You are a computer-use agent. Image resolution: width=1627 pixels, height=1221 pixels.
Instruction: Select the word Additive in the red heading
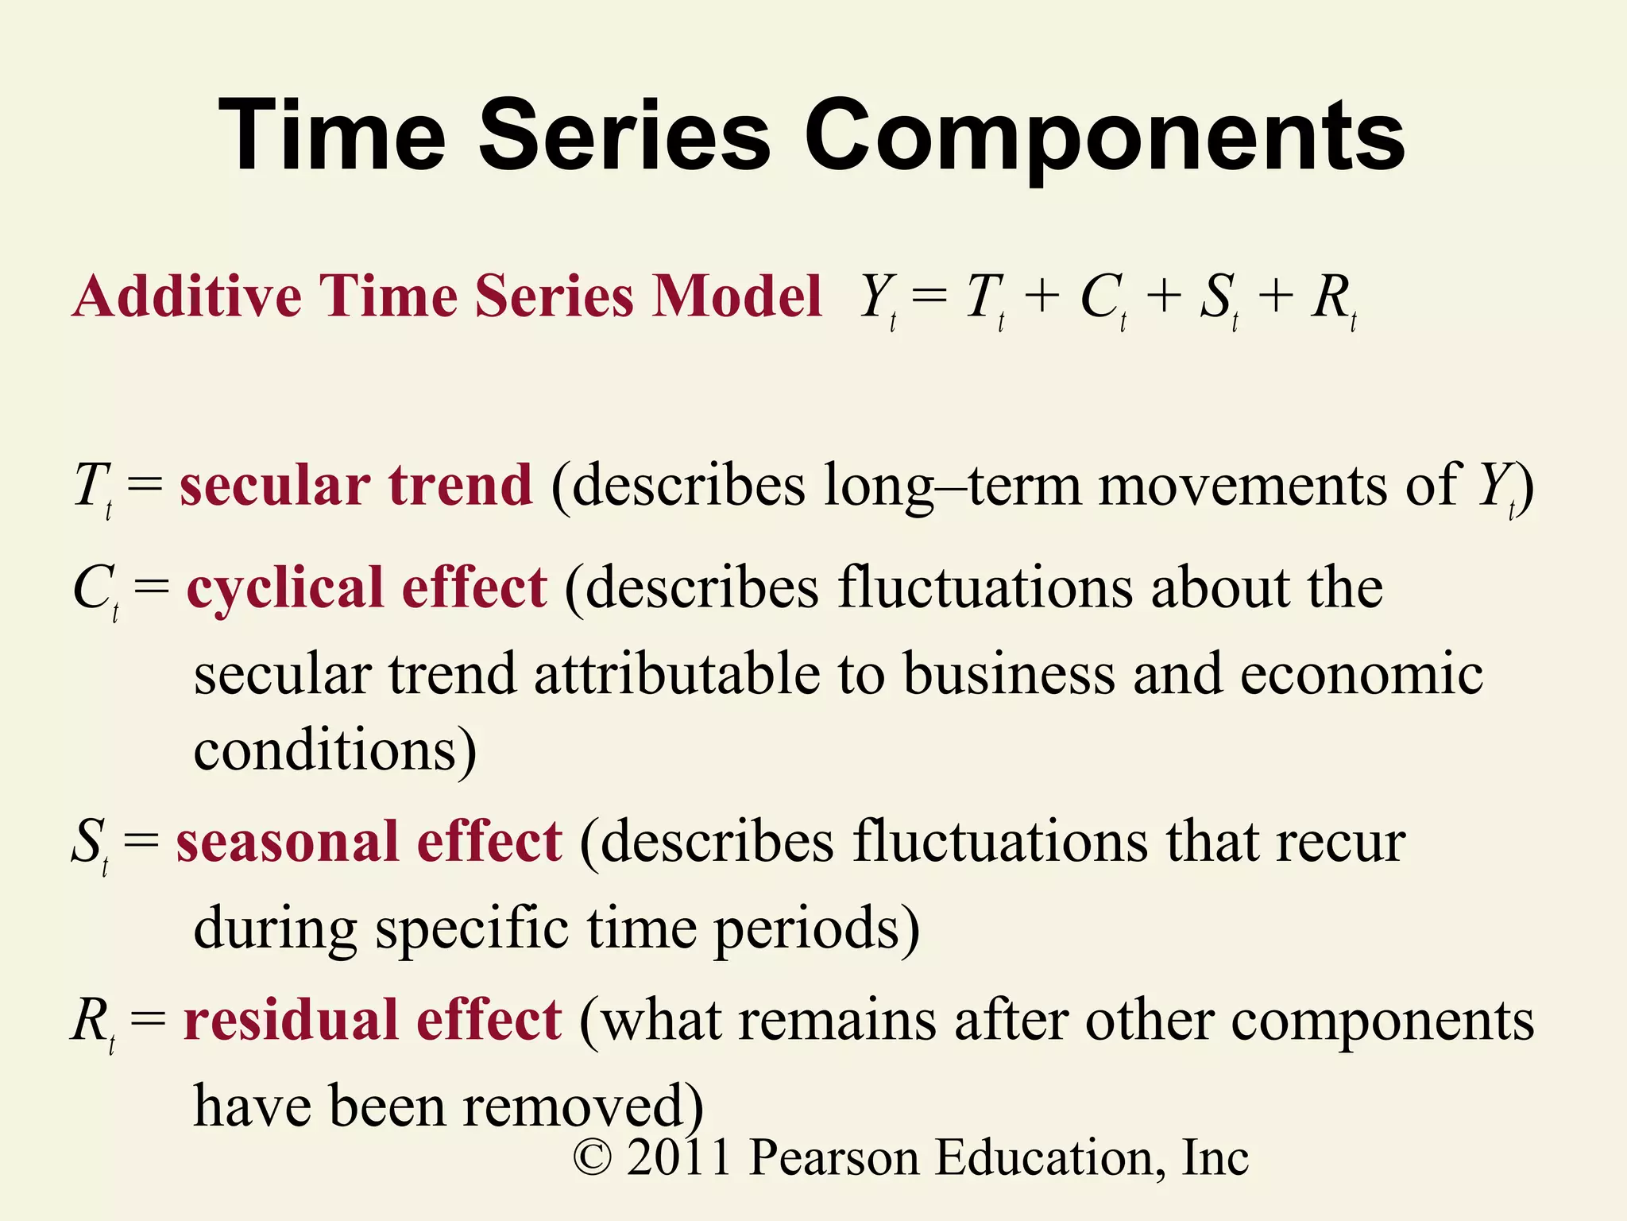point(187,296)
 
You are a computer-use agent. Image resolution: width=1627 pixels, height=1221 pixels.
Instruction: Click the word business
point(1009,674)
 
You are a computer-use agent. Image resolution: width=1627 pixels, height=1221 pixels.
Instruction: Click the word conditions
point(334,750)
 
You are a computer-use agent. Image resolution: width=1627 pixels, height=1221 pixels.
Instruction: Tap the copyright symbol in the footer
point(593,1157)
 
